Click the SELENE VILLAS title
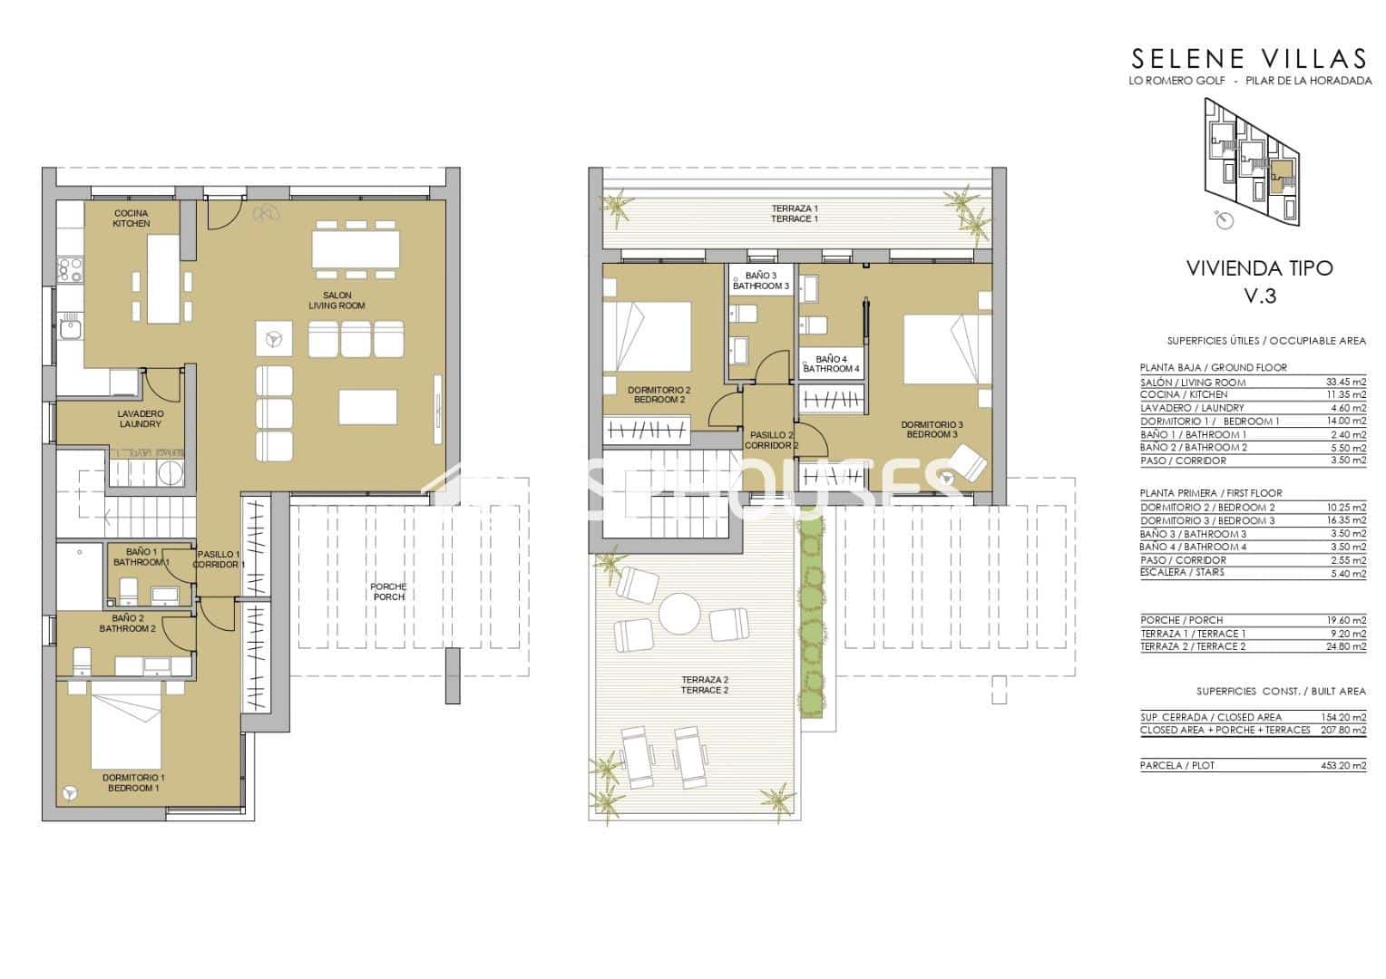click(1248, 59)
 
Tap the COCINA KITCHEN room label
click(132, 218)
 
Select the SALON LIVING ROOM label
click(337, 301)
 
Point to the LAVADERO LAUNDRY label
click(141, 419)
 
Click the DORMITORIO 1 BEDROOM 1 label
click(132, 783)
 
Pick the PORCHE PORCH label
click(388, 592)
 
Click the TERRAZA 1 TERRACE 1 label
click(795, 214)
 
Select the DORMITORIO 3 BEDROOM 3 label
click(932, 430)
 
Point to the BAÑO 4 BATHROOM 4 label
click(831, 364)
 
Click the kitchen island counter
click(164, 278)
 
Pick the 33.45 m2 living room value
click(1345, 383)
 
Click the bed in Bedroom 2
click(649, 335)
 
